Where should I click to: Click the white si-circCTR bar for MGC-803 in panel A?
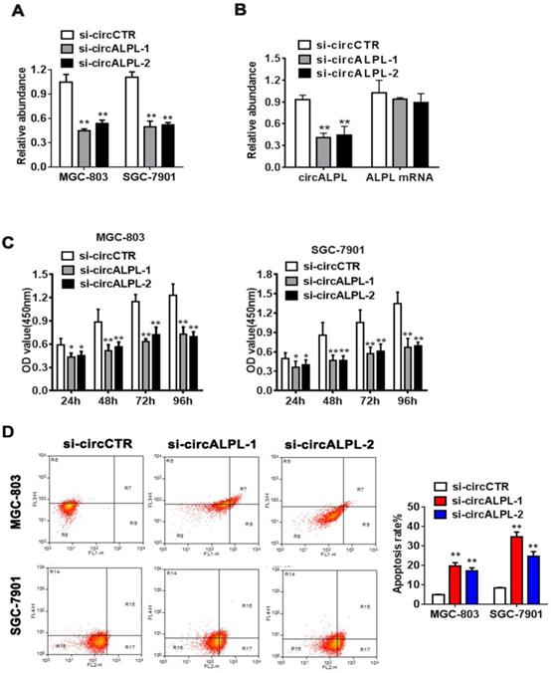click(x=66, y=118)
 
